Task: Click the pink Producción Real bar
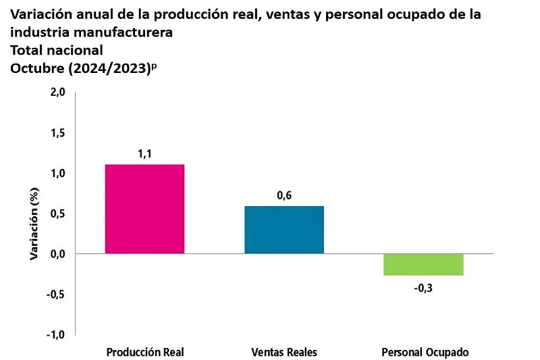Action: click(145, 209)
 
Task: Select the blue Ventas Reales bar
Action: click(284, 230)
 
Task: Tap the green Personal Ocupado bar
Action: click(423, 264)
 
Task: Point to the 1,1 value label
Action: click(145, 154)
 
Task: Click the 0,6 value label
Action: click(284, 196)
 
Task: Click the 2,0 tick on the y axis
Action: click(56, 93)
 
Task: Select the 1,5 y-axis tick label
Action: click(56, 134)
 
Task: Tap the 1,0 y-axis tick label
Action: click(56, 174)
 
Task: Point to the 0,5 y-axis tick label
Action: click(56, 214)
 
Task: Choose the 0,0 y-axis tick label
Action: click(56, 254)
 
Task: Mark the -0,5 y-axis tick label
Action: click(55, 294)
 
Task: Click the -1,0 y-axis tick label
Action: click(55, 335)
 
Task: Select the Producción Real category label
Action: click(145, 353)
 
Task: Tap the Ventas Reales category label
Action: click(284, 353)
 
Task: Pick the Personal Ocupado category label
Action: click(425, 353)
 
